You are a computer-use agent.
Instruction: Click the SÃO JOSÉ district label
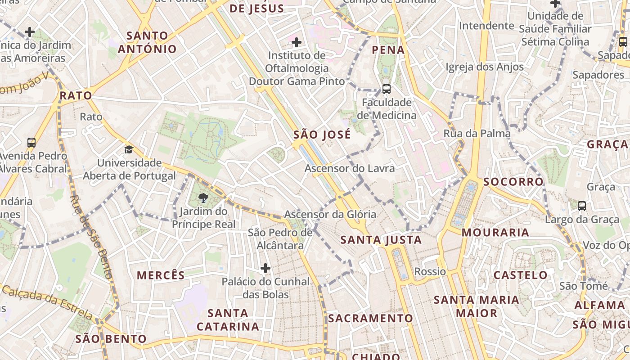[x=322, y=135]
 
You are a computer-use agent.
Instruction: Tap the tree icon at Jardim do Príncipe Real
[x=203, y=198]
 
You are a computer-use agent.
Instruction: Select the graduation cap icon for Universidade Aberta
[x=129, y=149]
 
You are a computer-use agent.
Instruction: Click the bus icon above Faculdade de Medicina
[x=386, y=89]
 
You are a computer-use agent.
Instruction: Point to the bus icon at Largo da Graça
[x=581, y=206]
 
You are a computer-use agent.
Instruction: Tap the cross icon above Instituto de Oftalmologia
[x=297, y=42]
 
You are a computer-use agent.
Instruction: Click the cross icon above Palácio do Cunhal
[x=265, y=268]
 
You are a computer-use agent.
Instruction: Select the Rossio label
[x=430, y=271]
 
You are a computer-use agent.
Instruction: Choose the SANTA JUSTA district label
[x=381, y=240]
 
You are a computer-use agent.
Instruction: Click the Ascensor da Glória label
[x=330, y=214]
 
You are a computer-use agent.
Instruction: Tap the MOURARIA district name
[x=495, y=233]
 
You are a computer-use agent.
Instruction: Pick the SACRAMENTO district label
[x=370, y=318]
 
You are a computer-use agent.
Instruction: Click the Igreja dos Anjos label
[x=485, y=67]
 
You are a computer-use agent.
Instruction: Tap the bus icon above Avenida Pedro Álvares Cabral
[x=31, y=143]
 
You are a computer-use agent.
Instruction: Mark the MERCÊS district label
[x=161, y=275]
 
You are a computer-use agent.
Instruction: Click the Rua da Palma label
[x=477, y=134]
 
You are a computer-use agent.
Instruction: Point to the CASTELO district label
[x=520, y=275]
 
